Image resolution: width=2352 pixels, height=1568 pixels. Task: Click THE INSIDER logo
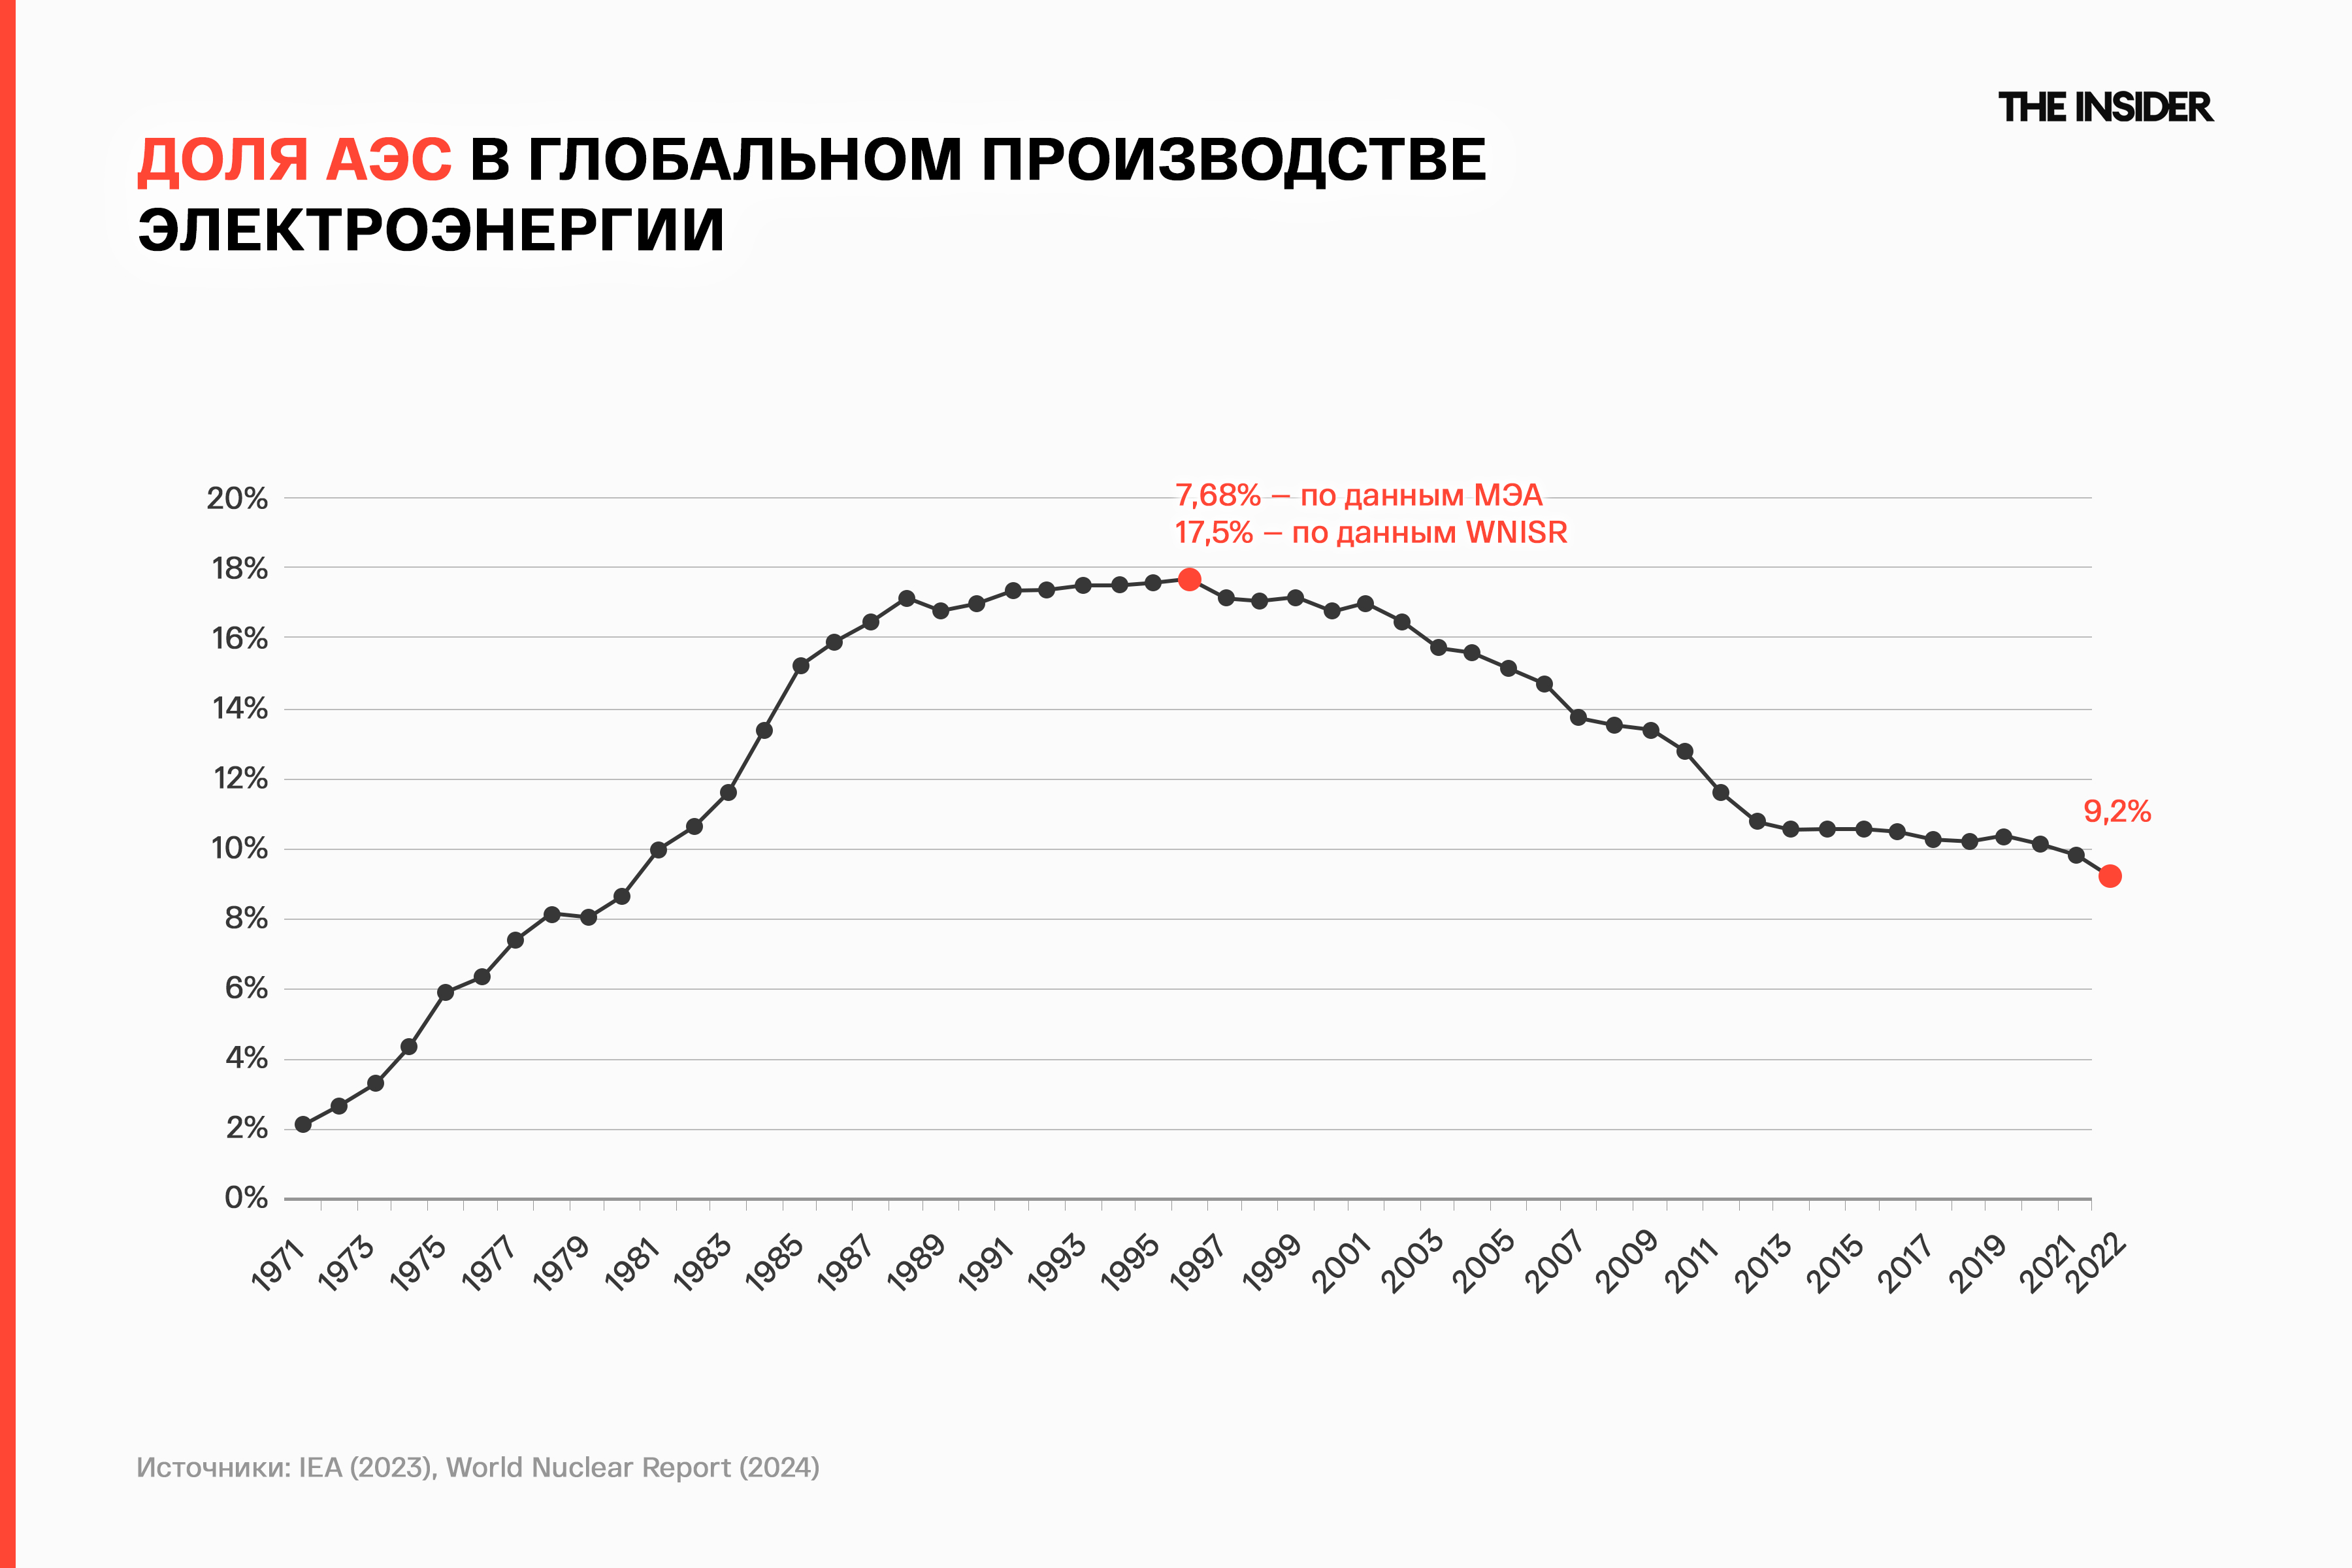click(x=2105, y=107)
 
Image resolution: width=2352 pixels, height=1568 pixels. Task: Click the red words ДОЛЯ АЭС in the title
click(x=294, y=160)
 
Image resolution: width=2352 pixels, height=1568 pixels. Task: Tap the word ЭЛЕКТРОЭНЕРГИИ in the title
click(x=431, y=230)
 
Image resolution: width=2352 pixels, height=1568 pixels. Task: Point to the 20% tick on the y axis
click(x=237, y=498)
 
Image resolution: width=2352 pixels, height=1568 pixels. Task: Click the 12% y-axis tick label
click(x=240, y=778)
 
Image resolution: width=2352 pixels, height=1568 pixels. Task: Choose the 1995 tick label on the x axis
click(x=1130, y=1264)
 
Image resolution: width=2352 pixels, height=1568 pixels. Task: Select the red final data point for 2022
click(x=2110, y=876)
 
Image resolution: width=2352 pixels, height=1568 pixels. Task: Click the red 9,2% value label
click(x=2117, y=811)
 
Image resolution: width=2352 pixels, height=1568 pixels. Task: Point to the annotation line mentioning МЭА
click(x=1358, y=495)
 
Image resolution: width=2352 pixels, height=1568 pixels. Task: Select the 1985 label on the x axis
click(x=775, y=1264)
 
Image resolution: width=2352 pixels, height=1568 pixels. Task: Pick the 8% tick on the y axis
click(x=246, y=918)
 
